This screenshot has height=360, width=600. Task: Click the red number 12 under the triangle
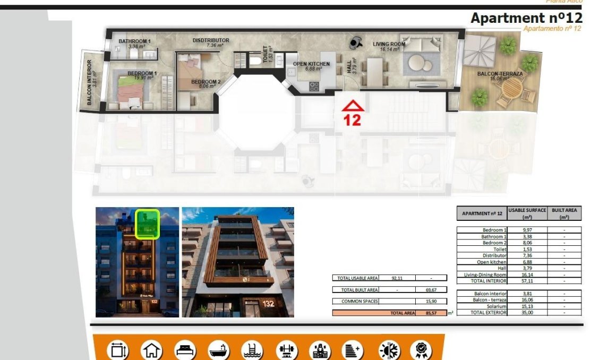352,120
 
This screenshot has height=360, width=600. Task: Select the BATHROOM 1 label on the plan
134,41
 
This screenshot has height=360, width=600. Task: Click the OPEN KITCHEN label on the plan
311,64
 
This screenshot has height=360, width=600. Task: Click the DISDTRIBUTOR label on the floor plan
211,40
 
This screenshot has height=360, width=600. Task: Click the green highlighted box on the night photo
147,224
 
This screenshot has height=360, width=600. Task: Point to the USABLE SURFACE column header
527,213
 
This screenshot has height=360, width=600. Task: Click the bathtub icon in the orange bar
218,350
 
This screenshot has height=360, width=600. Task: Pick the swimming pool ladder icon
252,350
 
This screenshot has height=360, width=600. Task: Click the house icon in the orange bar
151,350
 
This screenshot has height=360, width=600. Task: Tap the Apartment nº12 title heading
526,18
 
